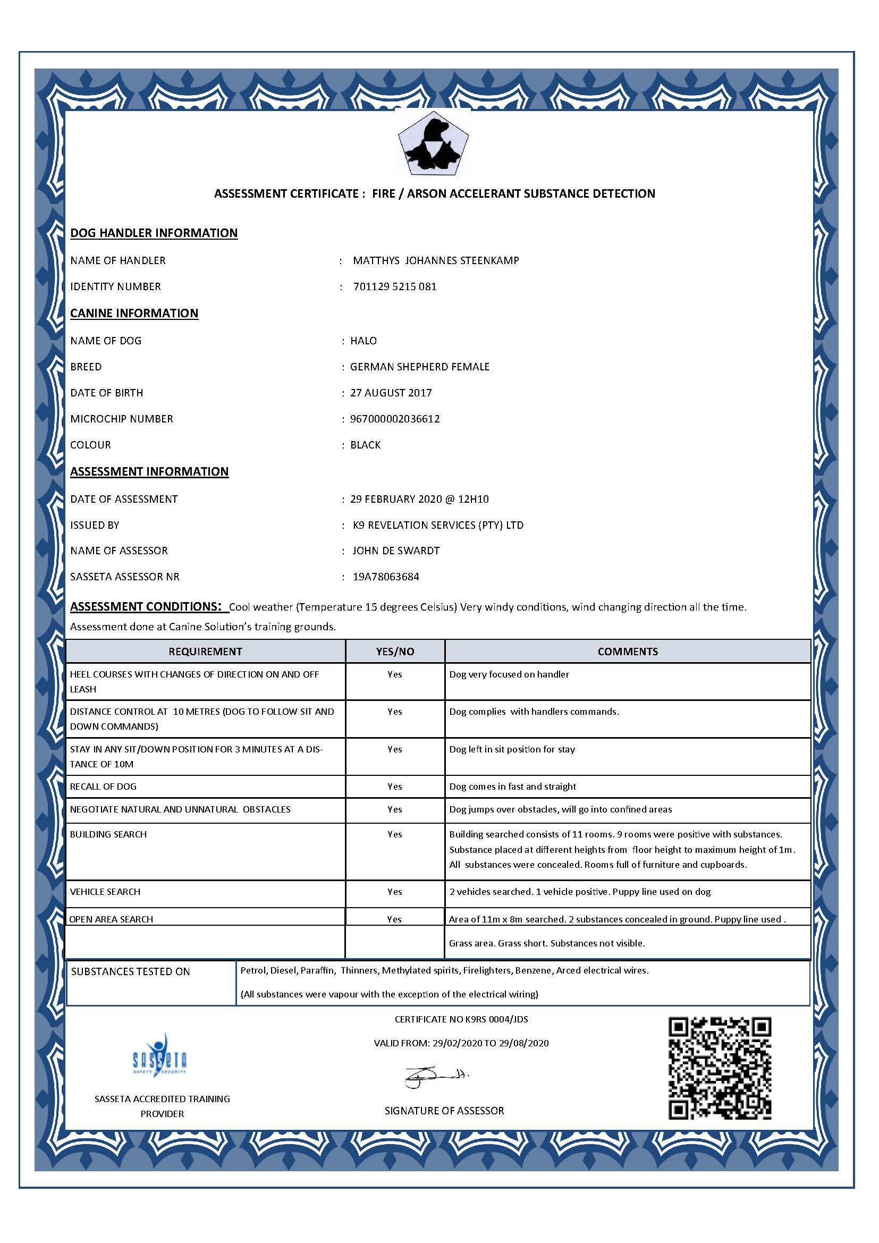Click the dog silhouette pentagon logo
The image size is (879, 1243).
433,144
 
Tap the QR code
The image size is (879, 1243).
720,1068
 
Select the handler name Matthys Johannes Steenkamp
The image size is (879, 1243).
436,260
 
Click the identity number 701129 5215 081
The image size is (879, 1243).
394,286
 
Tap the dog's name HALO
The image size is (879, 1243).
363,341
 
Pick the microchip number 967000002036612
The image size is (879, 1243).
394,418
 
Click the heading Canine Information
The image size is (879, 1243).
134,313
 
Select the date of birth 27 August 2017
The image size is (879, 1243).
391,393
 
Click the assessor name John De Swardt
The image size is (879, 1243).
396,551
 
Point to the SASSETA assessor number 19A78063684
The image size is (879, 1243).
386,577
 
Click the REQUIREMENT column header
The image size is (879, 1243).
205,652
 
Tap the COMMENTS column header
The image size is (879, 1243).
627,652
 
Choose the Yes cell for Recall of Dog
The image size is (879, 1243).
394,786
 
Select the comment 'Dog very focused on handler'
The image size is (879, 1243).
509,674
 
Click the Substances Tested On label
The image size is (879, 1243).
130,972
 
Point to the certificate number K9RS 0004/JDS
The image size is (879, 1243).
461,1019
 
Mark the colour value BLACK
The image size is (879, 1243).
365,444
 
